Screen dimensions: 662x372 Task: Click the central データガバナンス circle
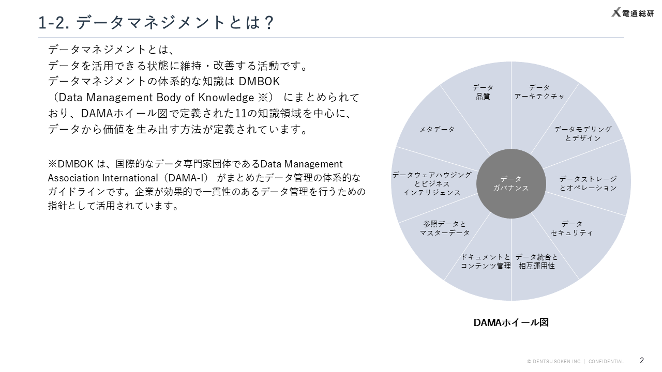click(x=511, y=183)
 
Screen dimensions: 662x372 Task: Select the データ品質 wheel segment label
click(x=483, y=92)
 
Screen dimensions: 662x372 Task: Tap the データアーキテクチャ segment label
click(x=539, y=92)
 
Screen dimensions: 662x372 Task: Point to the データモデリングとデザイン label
click(x=583, y=134)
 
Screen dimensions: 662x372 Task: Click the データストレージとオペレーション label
click(x=588, y=183)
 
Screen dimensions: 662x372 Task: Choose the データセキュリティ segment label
click(x=571, y=228)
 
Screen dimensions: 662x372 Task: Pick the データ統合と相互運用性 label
click(x=537, y=261)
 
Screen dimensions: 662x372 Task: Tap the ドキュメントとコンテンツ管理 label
click(x=486, y=261)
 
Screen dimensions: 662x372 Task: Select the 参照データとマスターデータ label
click(x=445, y=228)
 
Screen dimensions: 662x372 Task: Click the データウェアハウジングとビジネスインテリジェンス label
click(x=432, y=183)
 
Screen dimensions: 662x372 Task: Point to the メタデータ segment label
click(x=437, y=129)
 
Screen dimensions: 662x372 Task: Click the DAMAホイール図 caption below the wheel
click(x=511, y=322)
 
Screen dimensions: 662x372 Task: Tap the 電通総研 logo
click(x=633, y=13)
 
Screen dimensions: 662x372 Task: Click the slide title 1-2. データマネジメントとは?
click(x=156, y=23)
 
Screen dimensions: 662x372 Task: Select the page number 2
click(x=642, y=361)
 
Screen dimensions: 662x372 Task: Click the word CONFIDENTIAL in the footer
click(x=606, y=362)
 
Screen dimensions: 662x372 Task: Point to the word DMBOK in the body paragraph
click(x=259, y=82)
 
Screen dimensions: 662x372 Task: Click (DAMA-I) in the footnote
click(x=186, y=178)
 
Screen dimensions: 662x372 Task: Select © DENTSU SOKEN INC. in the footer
click(x=554, y=362)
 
